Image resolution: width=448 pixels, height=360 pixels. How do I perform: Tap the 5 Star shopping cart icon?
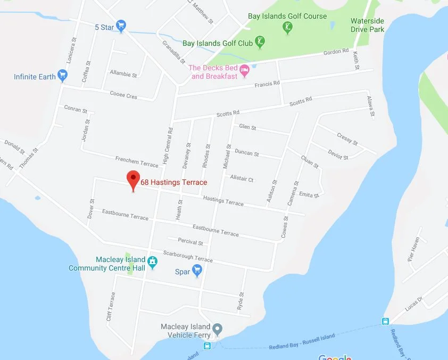coord(121,25)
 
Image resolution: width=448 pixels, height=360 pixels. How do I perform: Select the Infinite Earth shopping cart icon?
coord(63,75)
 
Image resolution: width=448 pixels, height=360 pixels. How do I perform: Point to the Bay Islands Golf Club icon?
coord(260,40)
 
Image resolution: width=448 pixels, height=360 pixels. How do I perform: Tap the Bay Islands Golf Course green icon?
coord(288,27)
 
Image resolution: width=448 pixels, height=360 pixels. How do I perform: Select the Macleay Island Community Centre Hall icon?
coord(152,262)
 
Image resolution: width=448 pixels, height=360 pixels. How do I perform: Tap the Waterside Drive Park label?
coord(367,25)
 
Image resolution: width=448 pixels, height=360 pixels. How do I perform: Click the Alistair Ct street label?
coord(242,179)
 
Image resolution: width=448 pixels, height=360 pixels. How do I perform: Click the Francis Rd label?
coord(267,84)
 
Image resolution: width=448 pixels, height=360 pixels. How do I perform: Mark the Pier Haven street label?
coord(414,248)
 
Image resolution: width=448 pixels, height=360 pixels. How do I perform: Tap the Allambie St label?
coord(123,73)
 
